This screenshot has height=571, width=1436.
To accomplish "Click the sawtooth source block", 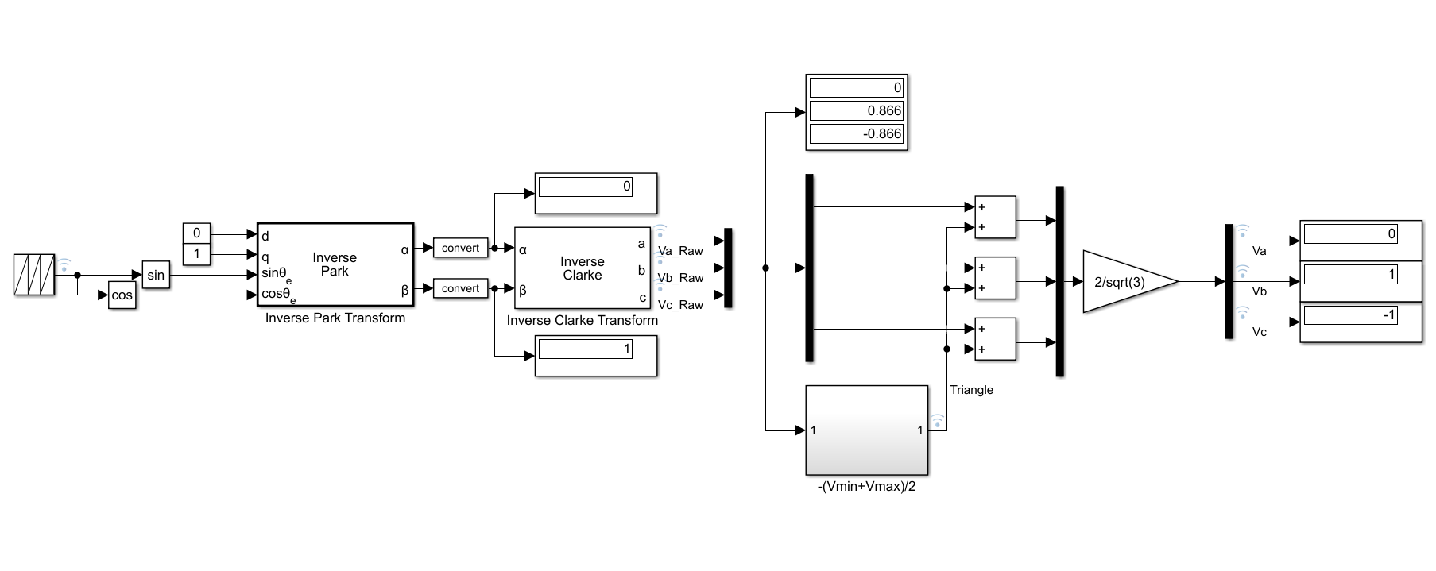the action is [34, 275].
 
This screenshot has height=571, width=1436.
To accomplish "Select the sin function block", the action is [156, 275].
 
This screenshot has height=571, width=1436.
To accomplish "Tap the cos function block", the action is [122, 295].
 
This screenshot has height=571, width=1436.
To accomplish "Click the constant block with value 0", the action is [196, 233].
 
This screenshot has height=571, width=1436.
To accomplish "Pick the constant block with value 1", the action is [196, 255].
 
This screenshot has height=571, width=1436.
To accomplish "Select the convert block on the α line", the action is [461, 248].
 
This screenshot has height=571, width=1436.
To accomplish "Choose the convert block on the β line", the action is [461, 288].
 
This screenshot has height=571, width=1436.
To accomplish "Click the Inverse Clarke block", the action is [583, 268].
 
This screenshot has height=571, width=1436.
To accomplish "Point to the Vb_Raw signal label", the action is [680, 278].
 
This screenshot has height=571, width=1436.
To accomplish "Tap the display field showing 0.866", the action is [856, 110].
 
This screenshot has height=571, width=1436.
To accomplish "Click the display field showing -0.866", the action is [856, 133].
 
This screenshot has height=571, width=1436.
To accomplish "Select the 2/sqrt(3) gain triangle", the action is [1129, 281].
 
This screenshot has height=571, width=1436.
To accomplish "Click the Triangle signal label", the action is [971, 390].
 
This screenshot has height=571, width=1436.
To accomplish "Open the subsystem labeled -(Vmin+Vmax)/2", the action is [867, 430].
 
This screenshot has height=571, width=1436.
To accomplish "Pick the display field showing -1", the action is [1351, 315].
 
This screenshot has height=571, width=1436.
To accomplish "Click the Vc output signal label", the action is [1260, 332].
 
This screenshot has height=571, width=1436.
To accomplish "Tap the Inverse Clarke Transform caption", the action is [583, 320].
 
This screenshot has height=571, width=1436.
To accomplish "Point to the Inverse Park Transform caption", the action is [335, 318].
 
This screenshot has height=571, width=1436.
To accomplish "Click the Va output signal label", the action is [1260, 251].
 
